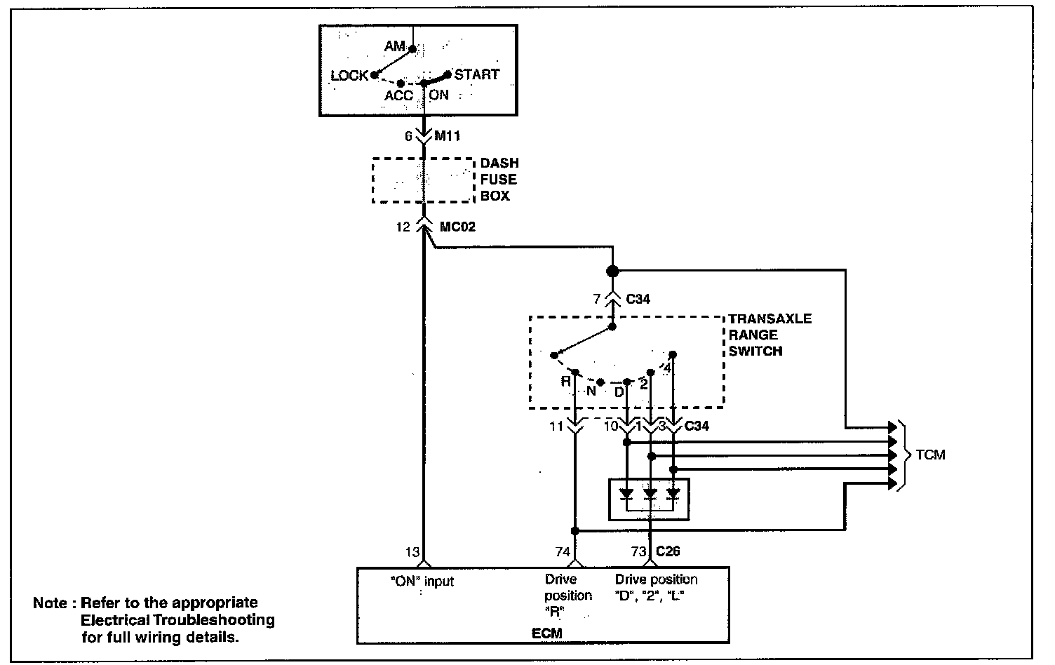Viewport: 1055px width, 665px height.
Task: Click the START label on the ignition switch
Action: pos(477,74)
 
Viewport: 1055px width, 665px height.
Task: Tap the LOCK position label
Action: pos(349,76)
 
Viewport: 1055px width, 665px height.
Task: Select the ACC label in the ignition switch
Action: pos(398,95)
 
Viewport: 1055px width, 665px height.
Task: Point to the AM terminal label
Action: pos(395,46)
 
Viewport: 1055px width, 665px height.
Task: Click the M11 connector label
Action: pos(447,136)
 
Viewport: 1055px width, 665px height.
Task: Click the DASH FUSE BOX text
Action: pos(499,180)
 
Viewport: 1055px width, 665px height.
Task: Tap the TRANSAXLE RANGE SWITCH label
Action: pos(770,335)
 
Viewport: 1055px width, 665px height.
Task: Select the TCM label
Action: pos(930,455)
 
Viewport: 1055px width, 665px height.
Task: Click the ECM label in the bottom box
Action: pos(546,633)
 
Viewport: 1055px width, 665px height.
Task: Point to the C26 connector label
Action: pos(667,552)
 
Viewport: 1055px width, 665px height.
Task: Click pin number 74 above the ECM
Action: pos(563,552)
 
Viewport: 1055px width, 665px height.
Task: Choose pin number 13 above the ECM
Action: pos(412,552)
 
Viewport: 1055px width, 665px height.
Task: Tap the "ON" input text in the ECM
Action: pos(422,582)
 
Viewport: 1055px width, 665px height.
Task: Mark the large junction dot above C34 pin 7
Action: pos(612,271)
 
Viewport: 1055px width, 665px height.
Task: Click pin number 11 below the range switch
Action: pos(556,426)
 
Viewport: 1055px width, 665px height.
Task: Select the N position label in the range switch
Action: pos(591,391)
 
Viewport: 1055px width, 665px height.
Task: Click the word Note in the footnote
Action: pos(50,603)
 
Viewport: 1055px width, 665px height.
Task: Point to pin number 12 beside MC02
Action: pos(403,227)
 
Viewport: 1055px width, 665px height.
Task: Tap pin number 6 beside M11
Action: pos(408,136)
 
